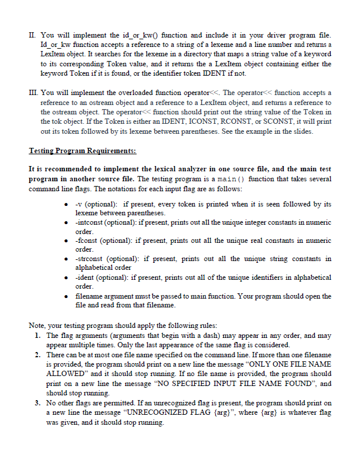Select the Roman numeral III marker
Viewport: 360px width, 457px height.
[34, 92]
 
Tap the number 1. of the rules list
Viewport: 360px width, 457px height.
[36, 336]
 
